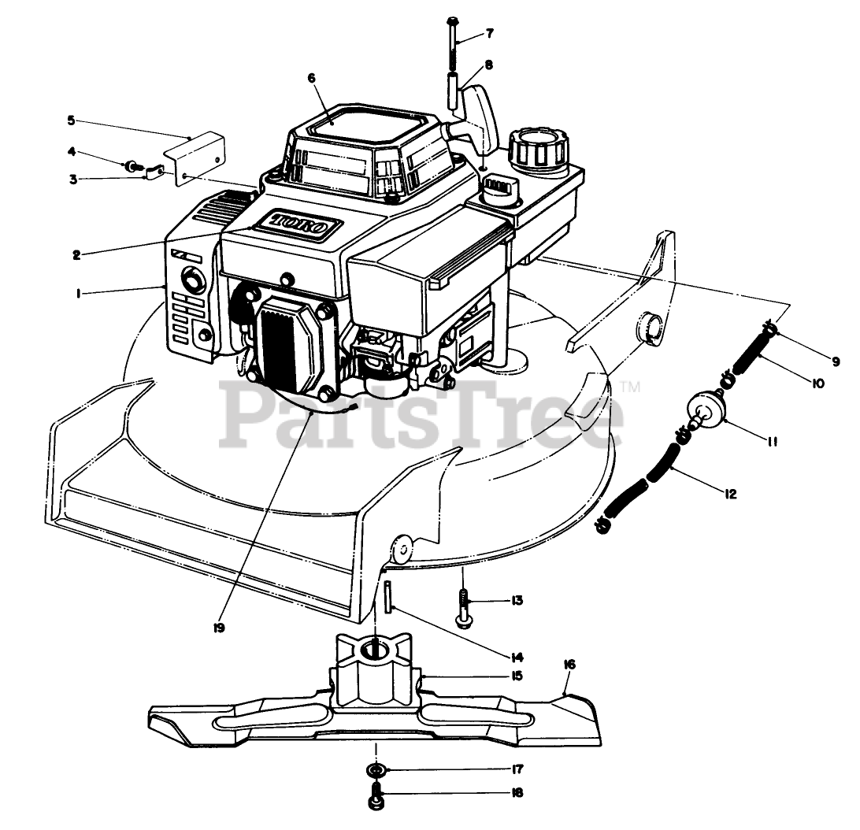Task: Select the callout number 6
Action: click(311, 78)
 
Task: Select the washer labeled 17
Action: click(376, 769)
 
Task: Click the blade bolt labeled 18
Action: click(376, 797)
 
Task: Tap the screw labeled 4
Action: click(133, 166)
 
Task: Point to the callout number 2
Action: click(76, 254)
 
